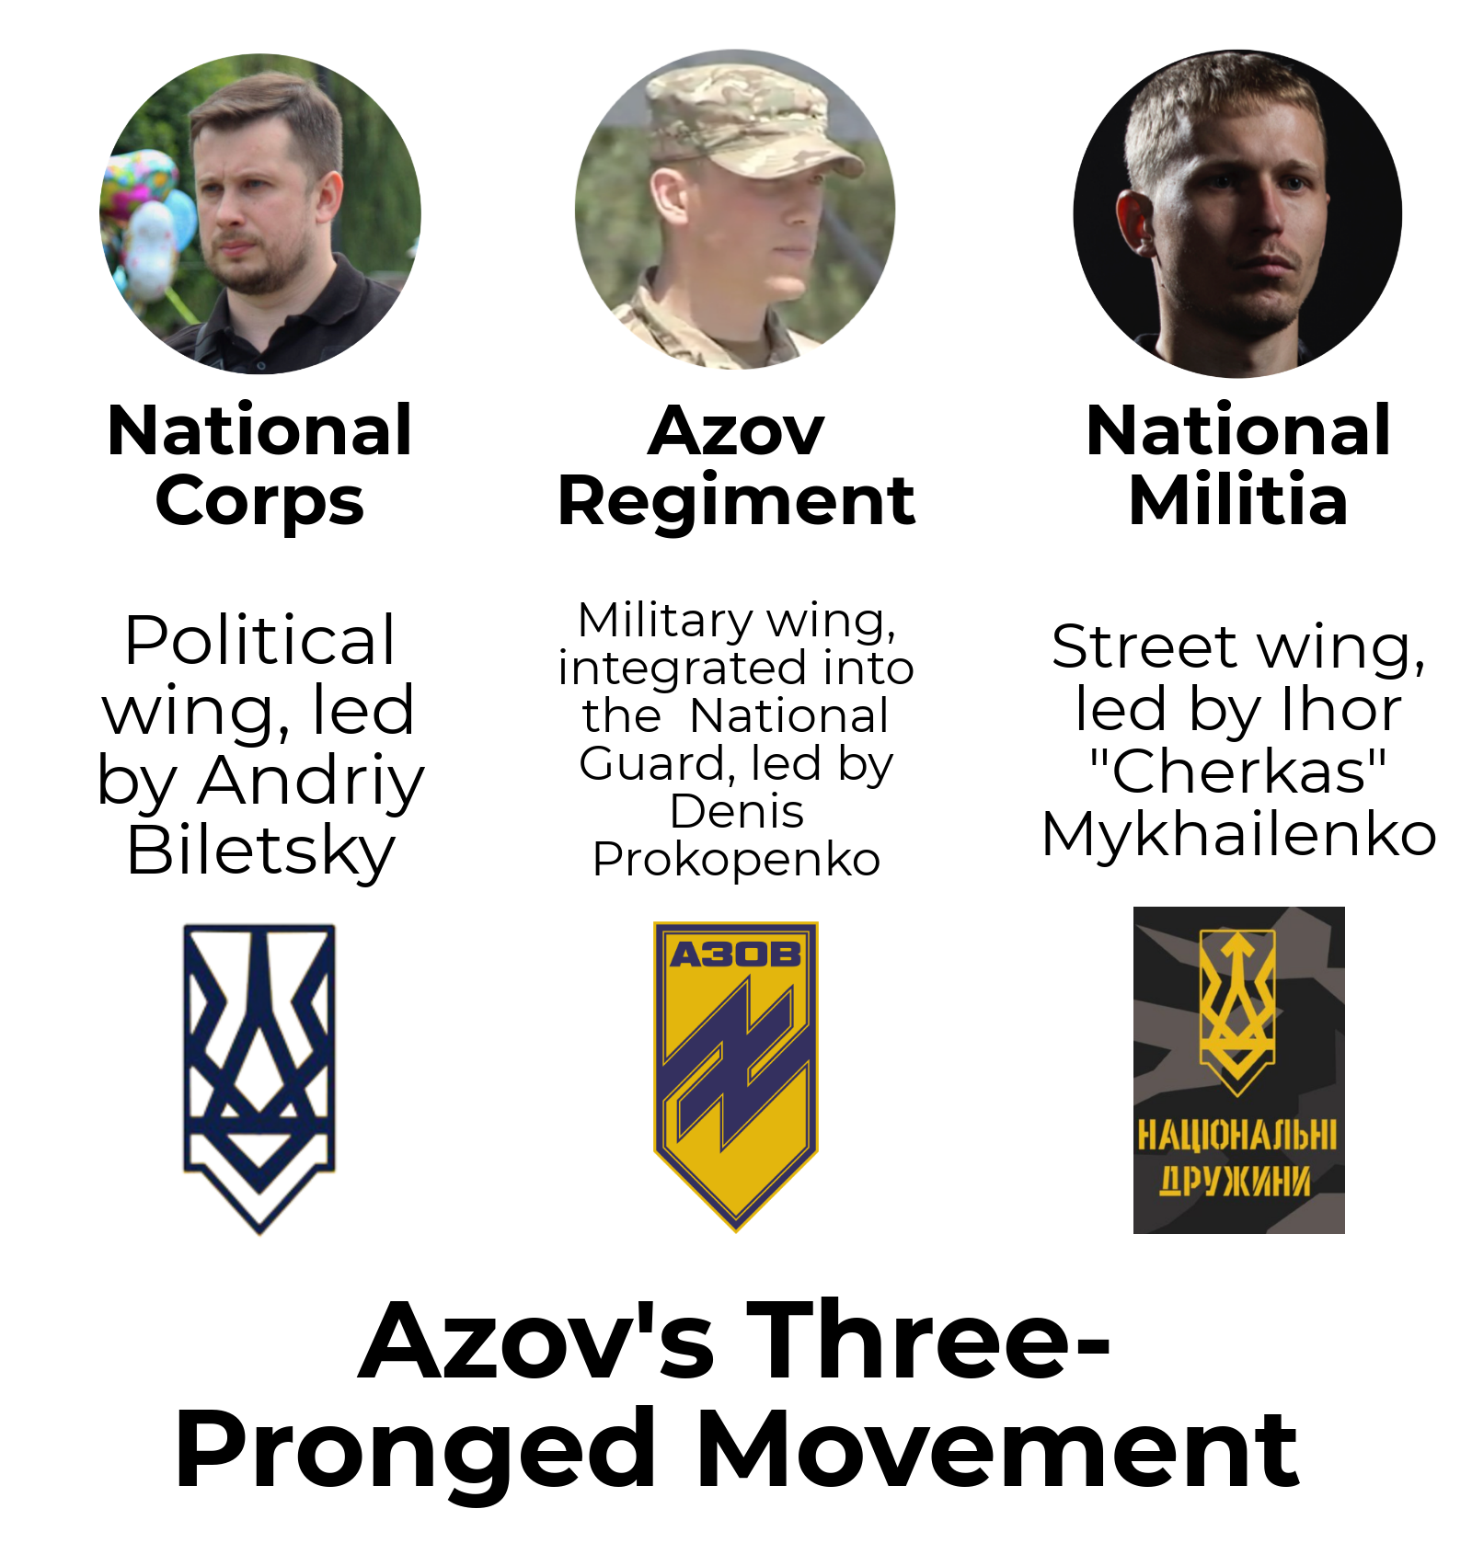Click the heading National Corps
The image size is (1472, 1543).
(x=259, y=466)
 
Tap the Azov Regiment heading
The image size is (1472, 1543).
(x=736, y=466)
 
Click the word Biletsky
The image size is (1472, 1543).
(x=261, y=852)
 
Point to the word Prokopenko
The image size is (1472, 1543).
(x=736, y=861)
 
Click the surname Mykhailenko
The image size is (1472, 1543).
(x=1238, y=835)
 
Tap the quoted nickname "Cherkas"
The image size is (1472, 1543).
(x=1238, y=771)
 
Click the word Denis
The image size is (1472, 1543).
(x=736, y=812)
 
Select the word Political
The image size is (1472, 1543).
(x=260, y=640)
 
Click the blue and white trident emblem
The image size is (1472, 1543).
(x=259, y=1078)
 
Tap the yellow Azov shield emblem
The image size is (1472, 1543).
(x=736, y=1076)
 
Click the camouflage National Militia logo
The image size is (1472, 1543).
(x=1238, y=1069)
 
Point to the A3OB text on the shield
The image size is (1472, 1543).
(x=736, y=954)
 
